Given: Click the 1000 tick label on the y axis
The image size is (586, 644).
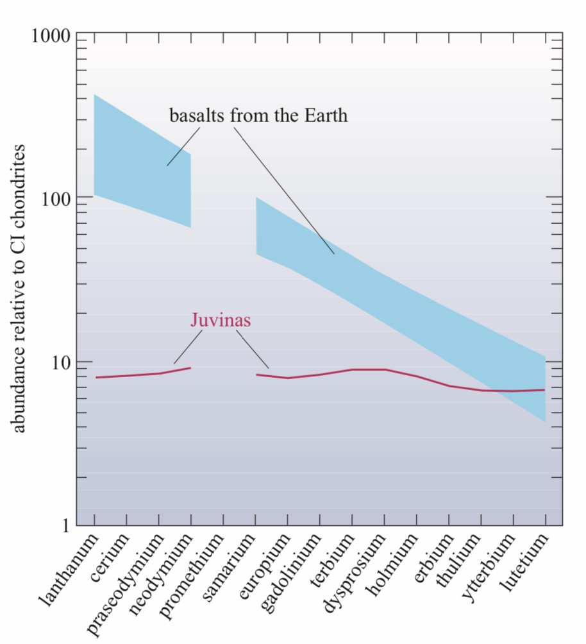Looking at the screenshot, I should (51, 35).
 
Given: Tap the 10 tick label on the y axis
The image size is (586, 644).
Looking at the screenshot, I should (60, 362).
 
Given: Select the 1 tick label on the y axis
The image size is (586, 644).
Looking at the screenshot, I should (64, 526).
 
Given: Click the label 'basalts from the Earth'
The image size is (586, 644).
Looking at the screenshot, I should (258, 115).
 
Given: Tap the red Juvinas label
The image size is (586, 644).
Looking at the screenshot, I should (221, 320).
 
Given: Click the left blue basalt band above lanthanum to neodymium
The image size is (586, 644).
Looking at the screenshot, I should (142, 167).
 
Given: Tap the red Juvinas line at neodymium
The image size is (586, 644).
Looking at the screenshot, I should (190, 368).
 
